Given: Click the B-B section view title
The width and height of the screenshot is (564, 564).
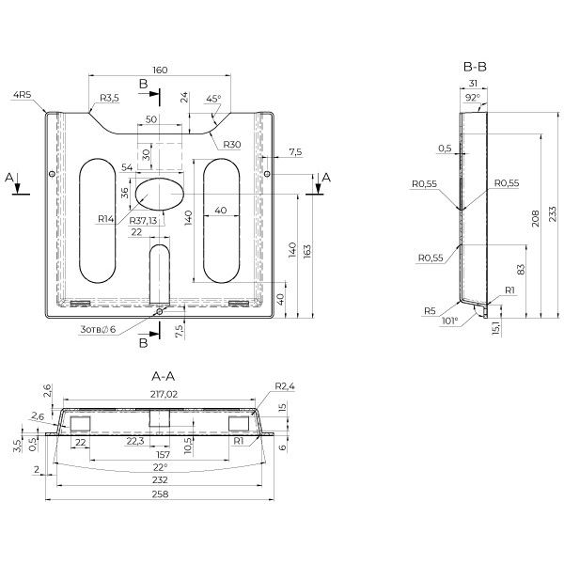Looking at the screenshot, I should [x=474, y=67].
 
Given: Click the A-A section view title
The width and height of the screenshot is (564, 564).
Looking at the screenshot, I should [x=164, y=376].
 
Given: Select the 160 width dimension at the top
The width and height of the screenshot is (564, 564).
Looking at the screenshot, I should [x=160, y=70].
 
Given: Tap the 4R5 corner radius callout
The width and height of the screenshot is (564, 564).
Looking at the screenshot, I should [x=22, y=94].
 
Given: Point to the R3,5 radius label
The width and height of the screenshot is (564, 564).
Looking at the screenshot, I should [x=108, y=98].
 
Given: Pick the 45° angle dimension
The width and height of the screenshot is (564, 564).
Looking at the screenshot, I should [x=213, y=98].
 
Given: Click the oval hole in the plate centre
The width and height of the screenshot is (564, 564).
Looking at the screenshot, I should [x=160, y=194].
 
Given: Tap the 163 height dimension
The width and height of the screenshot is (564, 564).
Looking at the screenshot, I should [x=309, y=251].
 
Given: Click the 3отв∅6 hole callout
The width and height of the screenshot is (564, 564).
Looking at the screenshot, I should [x=97, y=329].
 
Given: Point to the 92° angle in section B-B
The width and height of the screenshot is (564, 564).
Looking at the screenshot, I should [x=473, y=97].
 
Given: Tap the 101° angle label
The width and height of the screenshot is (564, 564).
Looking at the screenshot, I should [x=450, y=321].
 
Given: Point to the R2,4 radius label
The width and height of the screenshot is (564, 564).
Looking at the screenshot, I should [x=285, y=387].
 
